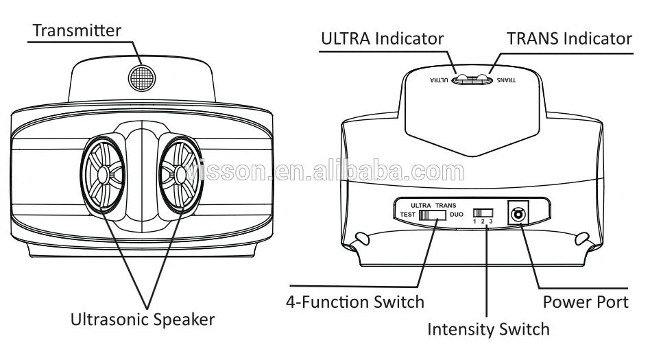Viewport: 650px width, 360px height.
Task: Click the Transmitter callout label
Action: pyautogui.click(x=77, y=30)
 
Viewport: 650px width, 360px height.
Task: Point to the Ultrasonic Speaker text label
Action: pyautogui.click(x=143, y=319)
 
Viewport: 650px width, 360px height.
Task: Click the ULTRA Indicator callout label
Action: pyautogui.click(x=382, y=38)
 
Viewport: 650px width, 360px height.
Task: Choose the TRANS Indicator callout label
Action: pyautogui.click(x=569, y=38)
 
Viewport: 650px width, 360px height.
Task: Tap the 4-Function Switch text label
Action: pyautogui.click(x=355, y=302)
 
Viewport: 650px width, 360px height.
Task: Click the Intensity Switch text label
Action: pyautogui.click(x=488, y=329)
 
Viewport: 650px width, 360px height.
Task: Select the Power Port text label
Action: pyautogui.click(x=586, y=302)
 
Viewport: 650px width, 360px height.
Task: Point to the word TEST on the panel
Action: pyautogui.click(x=409, y=215)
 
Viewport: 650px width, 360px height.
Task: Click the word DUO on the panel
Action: pyautogui.click(x=456, y=215)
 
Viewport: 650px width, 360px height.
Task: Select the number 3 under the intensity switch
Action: pyautogui.click(x=491, y=222)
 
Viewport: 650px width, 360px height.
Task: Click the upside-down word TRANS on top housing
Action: pyautogui.click(x=505, y=80)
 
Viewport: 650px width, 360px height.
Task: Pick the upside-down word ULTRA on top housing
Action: pyautogui.click(x=440, y=80)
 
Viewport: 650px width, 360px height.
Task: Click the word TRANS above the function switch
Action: pyautogui.click(x=446, y=205)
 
